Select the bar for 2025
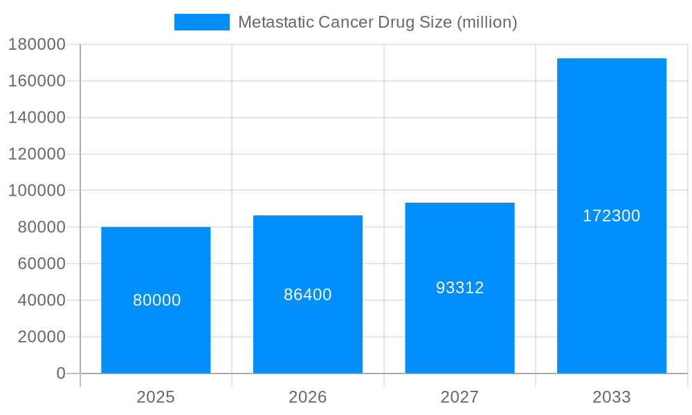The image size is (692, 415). [156, 332]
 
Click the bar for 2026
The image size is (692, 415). [308, 332]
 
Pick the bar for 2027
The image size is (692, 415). [459, 332]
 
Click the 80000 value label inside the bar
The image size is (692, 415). [156, 300]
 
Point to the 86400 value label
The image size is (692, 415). [308, 295]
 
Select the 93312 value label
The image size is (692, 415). [459, 288]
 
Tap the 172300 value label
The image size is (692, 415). [612, 216]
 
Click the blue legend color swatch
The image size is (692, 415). [201, 22]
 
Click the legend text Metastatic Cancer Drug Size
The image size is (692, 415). [377, 22]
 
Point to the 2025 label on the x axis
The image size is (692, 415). [156, 397]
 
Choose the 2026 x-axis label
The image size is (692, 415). [308, 397]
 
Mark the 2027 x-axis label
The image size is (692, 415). [459, 397]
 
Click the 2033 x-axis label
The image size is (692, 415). [612, 397]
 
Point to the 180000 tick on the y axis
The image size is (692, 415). [37, 44]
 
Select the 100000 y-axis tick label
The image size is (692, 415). [37, 190]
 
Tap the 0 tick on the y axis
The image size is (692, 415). [61, 373]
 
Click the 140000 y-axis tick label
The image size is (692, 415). [37, 118]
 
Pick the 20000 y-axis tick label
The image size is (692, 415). [41, 337]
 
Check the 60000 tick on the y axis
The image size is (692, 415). [41, 264]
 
